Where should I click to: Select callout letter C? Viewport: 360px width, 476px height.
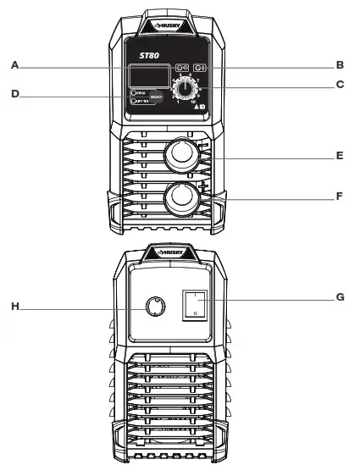[339, 85]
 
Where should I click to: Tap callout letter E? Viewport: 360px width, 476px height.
[339, 157]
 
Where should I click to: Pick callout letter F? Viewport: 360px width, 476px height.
[339, 196]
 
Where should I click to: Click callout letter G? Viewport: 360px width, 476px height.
[339, 297]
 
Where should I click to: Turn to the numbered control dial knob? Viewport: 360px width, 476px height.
[183, 89]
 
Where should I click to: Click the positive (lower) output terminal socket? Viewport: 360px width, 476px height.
[181, 199]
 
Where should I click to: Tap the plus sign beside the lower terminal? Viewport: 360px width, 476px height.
[202, 185]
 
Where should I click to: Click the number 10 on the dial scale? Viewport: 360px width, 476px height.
[194, 102]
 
